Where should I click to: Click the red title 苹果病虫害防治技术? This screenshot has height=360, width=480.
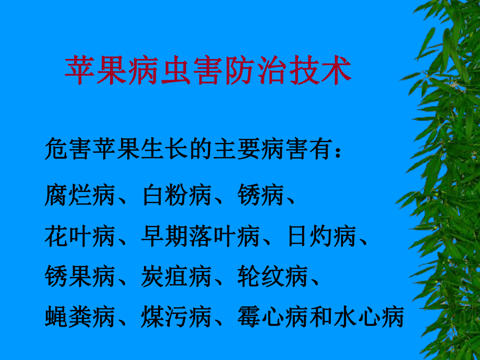pyautogui.click(x=208, y=71)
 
